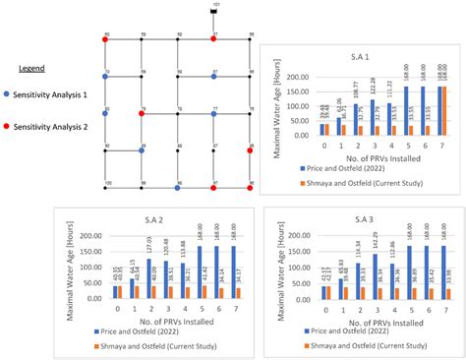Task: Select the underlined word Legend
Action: [x=32, y=69]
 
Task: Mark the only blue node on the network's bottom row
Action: [x=177, y=186]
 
